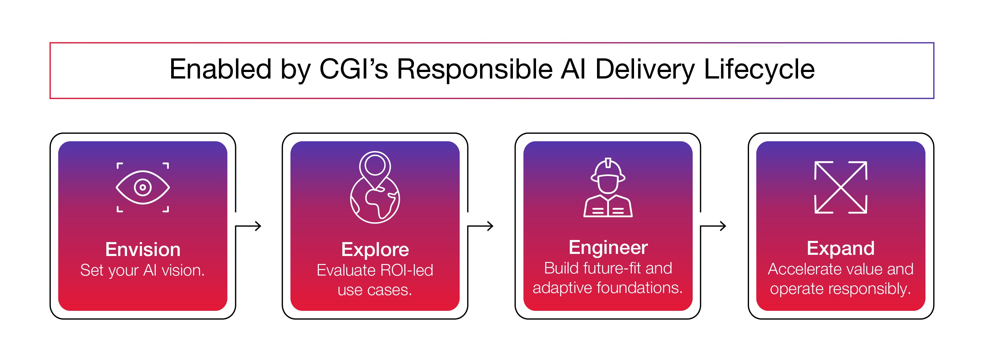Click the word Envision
pyautogui.click(x=142, y=250)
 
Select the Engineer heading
pyautogui.click(x=608, y=248)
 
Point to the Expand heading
pyautogui.click(x=840, y=249)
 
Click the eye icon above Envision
pyautogui.click(x=142, y=187)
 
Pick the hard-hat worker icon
pyautogui.click(x=608, y=188)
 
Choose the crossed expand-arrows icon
pyautogui.click(x=840, y=187)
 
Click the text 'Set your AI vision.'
pyautogui.click(x=142, y=271)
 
